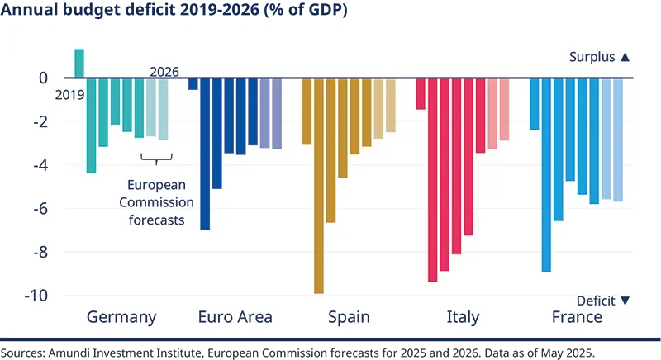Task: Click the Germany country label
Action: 121,317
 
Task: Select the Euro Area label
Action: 235,317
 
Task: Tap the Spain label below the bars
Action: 349,317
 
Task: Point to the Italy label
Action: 463,317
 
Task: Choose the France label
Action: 577,317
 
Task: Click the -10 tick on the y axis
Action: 37,296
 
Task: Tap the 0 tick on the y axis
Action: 44,78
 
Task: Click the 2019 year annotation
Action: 70,95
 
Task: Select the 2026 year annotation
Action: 164,72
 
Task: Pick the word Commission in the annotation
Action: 156,202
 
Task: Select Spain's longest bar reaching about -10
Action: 319,186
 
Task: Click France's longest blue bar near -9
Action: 546,175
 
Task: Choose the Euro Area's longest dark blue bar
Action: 205,154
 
